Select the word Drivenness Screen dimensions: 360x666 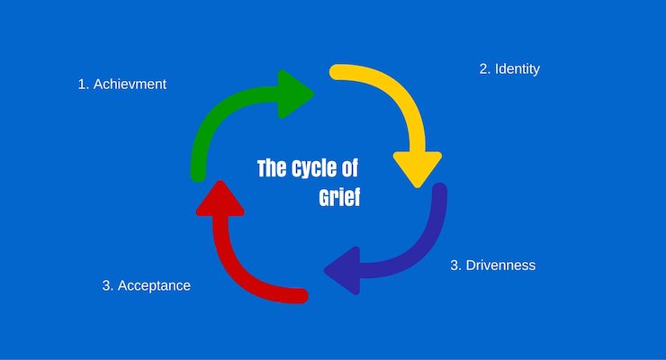499,265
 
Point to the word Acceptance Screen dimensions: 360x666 154,285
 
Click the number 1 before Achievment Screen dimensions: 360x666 82,85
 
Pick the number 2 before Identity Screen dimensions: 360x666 483,68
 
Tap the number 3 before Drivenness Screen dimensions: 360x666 454,265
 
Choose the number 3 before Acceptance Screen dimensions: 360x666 107,285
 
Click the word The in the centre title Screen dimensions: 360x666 271,169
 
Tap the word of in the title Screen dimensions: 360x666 351,169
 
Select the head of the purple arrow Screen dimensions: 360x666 342,270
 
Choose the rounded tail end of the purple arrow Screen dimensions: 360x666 438,193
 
